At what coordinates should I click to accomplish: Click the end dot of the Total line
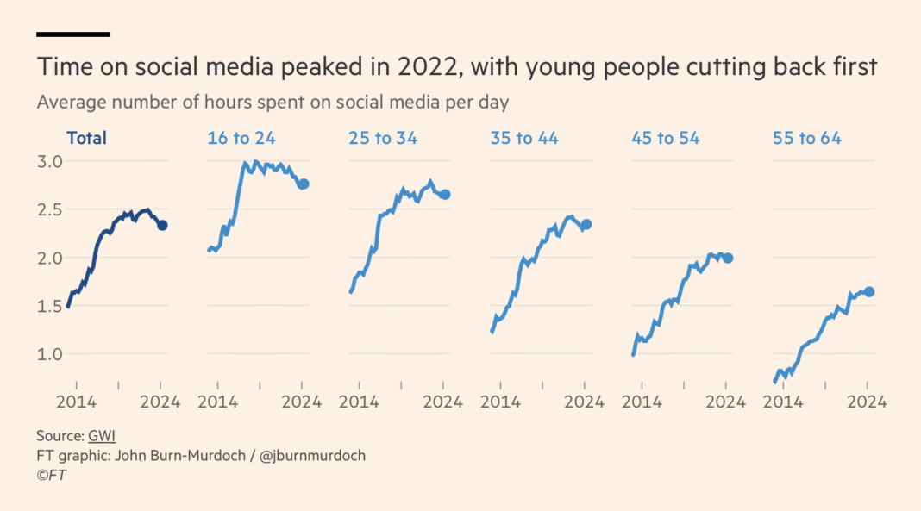(x=161, y=225)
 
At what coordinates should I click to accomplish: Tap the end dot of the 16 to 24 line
(x=303, y=184)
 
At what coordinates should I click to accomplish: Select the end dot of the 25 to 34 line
(x=444, y=195)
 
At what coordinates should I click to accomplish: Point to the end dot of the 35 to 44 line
(x=586, y=224)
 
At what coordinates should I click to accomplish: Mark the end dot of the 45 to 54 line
(x=728, y=258)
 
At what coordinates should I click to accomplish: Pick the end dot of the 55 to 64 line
(x=869, y=292)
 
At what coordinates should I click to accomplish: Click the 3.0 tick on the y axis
(x=50, y=161)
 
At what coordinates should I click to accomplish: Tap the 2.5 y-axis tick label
(x=50, y=209)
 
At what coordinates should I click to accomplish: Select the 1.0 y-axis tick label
(x=50, y=353)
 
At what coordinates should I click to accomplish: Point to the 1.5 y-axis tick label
(x=50, y=306)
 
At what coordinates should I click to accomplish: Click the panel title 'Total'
(x=86, y=138)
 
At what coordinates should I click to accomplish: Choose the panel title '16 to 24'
(x=241, y=138)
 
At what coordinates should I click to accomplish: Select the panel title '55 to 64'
(x=807, y=138)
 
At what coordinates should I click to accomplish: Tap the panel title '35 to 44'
(x=523, y=138)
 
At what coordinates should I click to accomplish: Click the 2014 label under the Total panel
(x=75, y=402)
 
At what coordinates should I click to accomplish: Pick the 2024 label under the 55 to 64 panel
(x=867, y=402)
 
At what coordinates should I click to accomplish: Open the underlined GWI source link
(x=102, y=436)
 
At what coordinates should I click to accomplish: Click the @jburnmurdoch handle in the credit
(x=310, y=455)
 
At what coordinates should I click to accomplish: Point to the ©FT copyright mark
(x=51, y=474)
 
